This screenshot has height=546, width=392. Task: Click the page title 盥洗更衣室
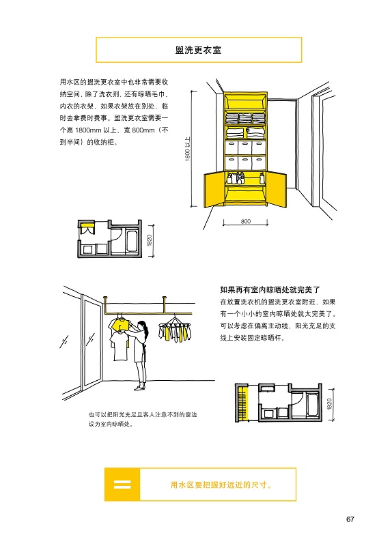point(198,50)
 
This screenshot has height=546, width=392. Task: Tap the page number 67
point(350,519)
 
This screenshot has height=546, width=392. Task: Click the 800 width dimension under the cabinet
point(246,221)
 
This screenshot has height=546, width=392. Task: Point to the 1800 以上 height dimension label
point(187,149)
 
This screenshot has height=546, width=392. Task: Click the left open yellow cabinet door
point(213,190)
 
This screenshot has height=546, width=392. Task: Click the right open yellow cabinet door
point(277,190)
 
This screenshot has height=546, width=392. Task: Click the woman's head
point(143,327)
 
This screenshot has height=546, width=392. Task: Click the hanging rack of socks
point(175,329)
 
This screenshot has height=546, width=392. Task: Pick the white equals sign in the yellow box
point(122,485)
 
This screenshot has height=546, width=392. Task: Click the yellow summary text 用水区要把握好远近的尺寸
point(221,485)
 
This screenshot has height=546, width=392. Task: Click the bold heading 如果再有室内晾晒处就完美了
point(270,289)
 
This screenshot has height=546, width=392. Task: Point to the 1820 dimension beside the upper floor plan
point(150,240)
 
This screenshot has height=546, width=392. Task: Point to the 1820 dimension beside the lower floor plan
point(329,404)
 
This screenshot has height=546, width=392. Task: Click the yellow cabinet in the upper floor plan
point(86,229)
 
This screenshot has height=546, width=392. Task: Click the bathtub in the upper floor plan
point(132,240)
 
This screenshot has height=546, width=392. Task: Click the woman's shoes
point(140,387)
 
